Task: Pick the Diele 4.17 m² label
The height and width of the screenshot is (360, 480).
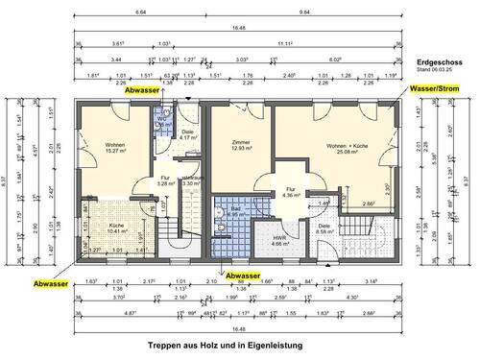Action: pyautogui.click(x=188, y=134)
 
